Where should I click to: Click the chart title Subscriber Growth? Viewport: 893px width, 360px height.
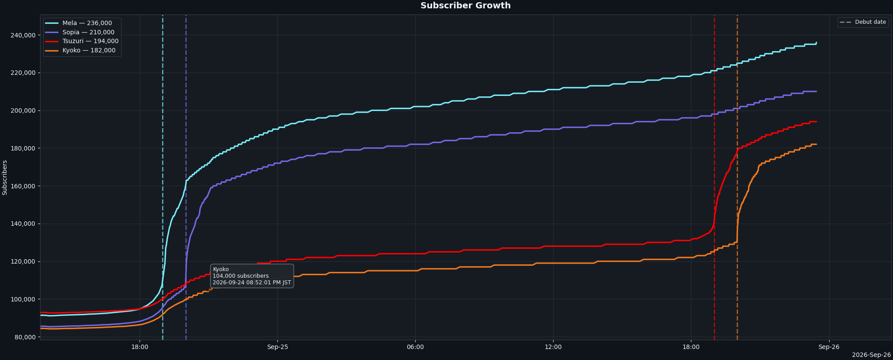(x=465, y=6)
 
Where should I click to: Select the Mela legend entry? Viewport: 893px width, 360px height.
(x=82, y=23)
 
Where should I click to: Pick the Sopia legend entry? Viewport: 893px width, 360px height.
(x=82, y=32)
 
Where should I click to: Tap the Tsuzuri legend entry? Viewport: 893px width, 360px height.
(x=82, y=41)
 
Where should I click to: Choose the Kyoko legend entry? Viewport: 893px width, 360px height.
(x=82, y=51)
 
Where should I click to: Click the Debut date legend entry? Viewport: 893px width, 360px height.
(x=863, y=22)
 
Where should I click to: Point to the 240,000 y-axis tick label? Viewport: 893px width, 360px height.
(x=23, y=35)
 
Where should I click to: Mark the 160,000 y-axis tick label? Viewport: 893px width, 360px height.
(x=23, y=186)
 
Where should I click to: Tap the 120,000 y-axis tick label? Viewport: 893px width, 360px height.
(x=23, y=261)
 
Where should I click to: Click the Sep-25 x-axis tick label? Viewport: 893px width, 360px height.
(x=277, y=347)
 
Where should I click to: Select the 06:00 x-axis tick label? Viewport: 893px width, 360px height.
(x=415, y=347)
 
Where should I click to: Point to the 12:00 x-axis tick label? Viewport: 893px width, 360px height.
(x=553, y=347)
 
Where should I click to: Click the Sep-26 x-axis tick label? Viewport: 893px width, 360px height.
(x=829, y=347)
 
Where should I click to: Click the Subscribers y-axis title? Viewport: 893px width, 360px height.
(x=5, y=177)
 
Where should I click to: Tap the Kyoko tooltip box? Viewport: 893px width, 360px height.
(x=252, y=276)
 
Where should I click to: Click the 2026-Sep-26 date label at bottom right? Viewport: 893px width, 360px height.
(x=871, y=355)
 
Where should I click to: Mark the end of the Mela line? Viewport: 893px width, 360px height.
(x=816, y=42)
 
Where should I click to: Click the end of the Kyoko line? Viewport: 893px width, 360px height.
(x=816, y=144)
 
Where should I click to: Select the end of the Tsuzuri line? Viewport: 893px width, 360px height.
(x=816, y=121)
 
